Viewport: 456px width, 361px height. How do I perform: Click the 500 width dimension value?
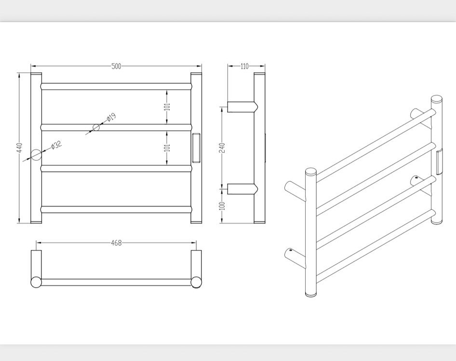tap(116, 67)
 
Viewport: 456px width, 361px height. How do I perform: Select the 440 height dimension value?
tap(19, 147)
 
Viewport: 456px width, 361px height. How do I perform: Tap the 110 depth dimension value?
tap(244, 67)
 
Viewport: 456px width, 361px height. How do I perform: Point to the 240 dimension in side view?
tap(222, 148)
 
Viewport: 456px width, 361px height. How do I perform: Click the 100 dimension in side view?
tap(222, 206)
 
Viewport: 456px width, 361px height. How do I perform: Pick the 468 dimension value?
tap(116, 242)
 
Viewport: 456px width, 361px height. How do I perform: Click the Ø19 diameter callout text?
tap(111, 118)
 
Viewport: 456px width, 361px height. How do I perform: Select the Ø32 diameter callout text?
tap(56, 145)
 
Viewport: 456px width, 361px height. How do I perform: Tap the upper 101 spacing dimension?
tap(167, 107)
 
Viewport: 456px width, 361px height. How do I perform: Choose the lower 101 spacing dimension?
tap(167, 148)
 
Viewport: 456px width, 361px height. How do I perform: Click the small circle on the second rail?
tap(96, 127)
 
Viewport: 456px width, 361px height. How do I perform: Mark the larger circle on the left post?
tap(36, 155)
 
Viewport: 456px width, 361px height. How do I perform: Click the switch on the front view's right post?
tap(196, 147)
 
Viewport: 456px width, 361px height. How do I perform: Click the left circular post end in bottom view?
tap(36, 282)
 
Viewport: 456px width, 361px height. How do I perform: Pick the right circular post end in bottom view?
tap(196, 282)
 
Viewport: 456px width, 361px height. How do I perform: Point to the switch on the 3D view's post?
tap(439, 162)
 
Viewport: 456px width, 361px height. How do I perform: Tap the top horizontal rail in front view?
tap(116, 86)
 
